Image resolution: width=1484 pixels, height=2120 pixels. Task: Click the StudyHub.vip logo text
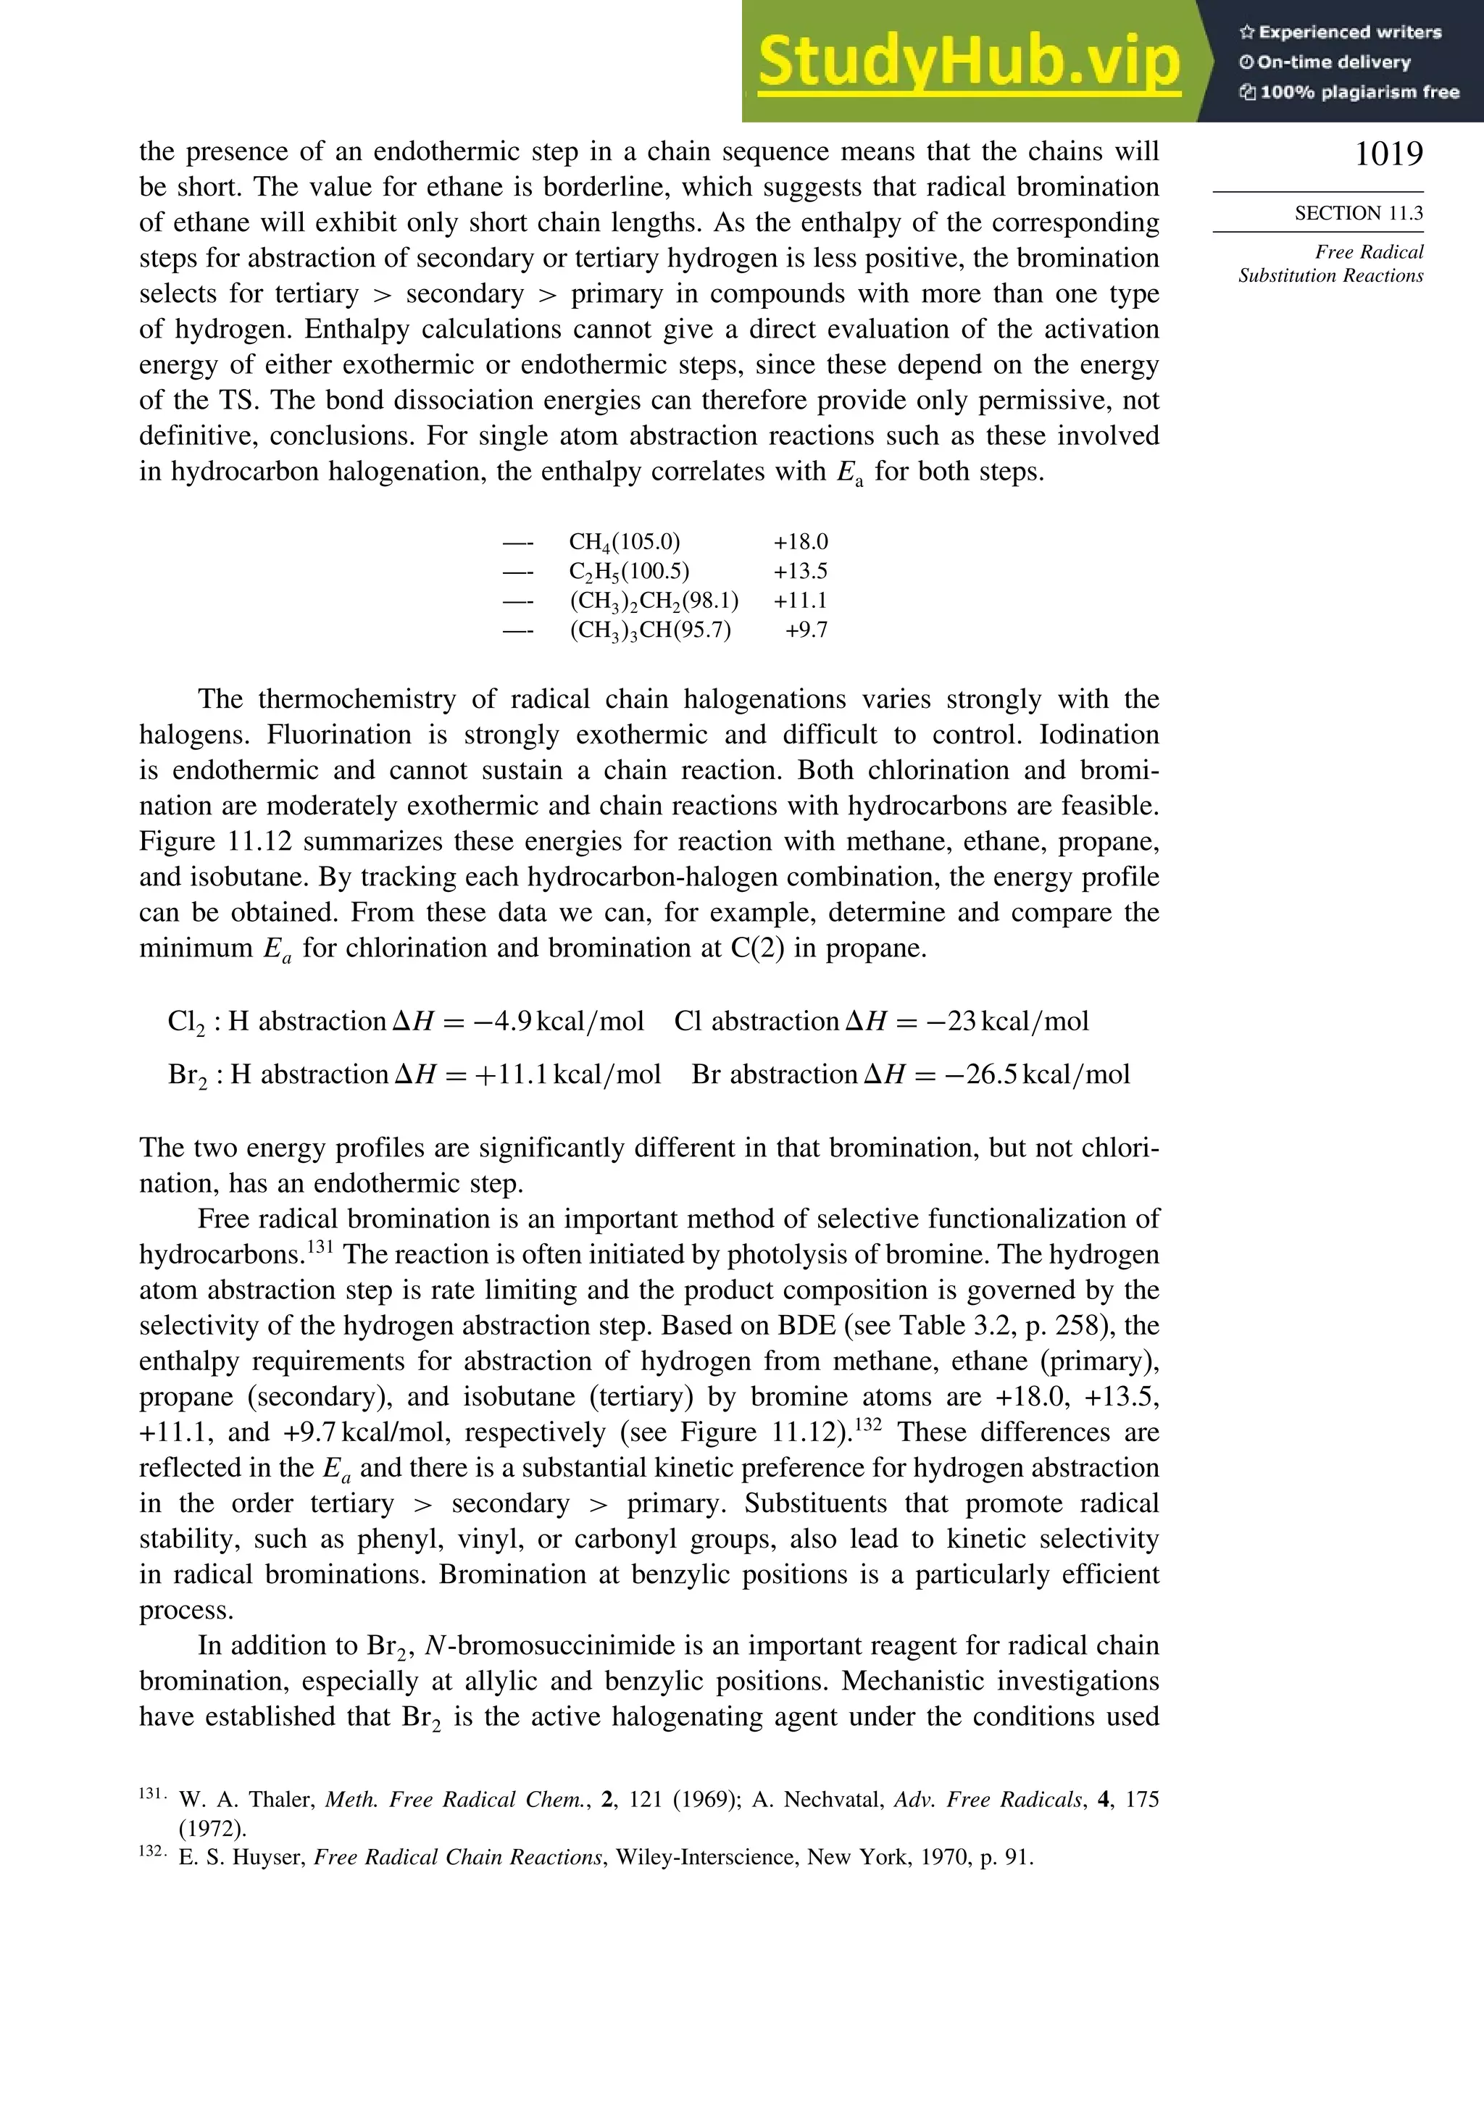[x=969, y=62]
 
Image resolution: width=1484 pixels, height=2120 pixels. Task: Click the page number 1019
[x=1388, y=154]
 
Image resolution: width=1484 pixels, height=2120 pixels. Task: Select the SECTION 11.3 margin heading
[x=1357, y=213]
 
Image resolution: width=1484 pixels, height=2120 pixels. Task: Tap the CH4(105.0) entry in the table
[x=625, y=542]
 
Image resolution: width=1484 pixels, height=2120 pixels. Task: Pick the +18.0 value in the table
[x=800, y=542]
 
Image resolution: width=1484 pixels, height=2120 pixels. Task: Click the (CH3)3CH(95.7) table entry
[x=650, y=630]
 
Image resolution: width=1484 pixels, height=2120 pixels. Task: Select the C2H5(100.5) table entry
[x=629, y=572]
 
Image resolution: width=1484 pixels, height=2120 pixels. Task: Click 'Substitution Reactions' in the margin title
[x=1330, y=275]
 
